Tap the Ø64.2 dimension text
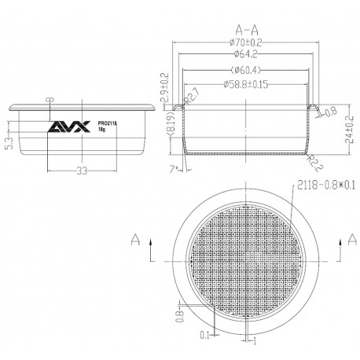[x=246, y=57]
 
